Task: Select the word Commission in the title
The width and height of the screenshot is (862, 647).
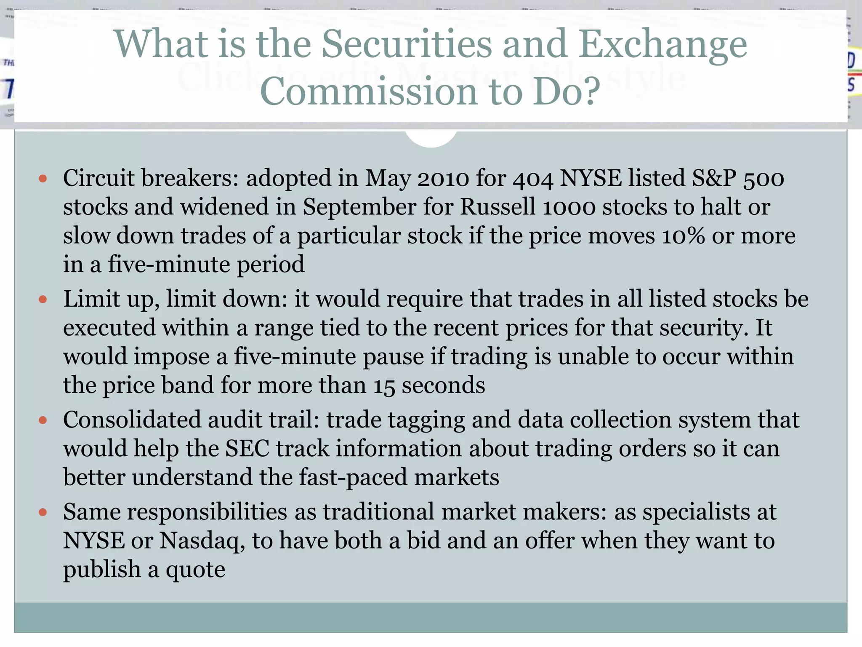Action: click(369, 91)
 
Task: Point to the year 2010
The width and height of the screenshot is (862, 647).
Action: click(443, 179)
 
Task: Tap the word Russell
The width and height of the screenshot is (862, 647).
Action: click(498, 207)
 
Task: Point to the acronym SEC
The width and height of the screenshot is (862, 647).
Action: click(247, 449)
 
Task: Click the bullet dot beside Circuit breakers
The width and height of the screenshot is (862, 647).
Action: click(43, 179)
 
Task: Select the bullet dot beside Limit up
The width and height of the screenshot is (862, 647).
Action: click(43, 300)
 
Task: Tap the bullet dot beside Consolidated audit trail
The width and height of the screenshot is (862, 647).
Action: click(43, 420)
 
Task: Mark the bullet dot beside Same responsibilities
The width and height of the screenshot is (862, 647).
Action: click(43, 513)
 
